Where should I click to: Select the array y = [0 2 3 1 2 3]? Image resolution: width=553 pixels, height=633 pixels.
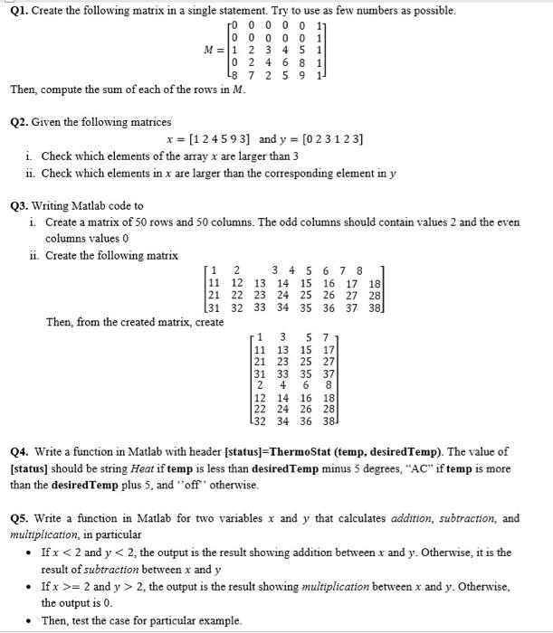pyautogui.click(x=324, y=140)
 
